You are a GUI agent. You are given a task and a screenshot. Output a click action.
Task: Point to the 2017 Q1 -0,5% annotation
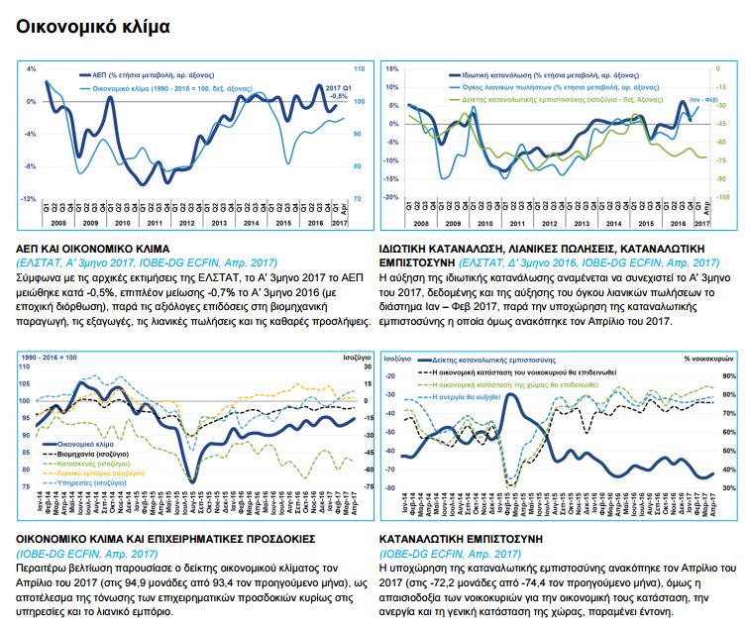339,92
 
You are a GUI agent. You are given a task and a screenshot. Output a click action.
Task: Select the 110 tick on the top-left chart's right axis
359,69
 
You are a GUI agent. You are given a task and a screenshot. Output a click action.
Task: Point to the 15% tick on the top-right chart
392,69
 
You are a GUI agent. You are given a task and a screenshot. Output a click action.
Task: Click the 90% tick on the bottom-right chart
725,376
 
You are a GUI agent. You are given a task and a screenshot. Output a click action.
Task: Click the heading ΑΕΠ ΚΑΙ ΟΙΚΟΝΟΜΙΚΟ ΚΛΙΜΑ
94,249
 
